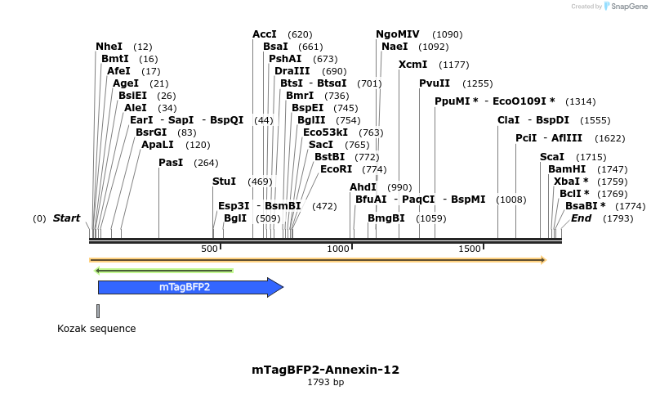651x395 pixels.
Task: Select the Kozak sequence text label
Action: pos(96,329)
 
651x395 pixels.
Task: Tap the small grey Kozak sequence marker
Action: pos(98,311)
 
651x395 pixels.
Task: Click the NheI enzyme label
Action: pos(109,47)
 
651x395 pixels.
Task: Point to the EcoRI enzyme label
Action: pos(336,169)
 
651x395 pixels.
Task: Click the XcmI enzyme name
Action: pos(412,65)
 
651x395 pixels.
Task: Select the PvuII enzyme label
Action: pos(434,83)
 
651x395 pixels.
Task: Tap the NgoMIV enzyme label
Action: pos(397,34)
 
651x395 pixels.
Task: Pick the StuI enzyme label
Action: pos(224,182)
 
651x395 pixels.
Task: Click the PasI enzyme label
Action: pos(170,163)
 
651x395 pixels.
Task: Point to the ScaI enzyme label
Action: pos(551,157)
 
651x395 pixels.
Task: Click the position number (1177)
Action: pos(453,65)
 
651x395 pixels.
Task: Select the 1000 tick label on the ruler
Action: pos(337,248)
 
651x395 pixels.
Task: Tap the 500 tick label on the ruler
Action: pos(209,248)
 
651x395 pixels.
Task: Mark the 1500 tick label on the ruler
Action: pos(469,248)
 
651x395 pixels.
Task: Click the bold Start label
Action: pos(66,218)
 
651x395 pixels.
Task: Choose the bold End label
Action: pos(581,218)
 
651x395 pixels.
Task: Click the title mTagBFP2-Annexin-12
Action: pos(325,370)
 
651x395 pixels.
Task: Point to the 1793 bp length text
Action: pos(325,382)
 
